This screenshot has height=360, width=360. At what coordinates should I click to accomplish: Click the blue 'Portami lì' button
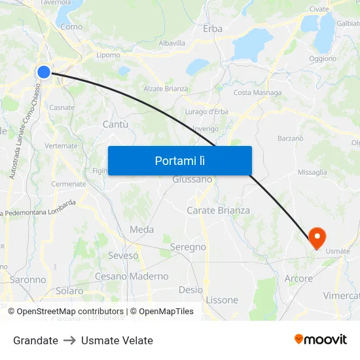(x=179, y=160)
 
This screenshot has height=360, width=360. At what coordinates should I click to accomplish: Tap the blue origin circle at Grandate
(x=44, y=71)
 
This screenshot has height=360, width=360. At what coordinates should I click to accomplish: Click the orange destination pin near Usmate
(x=317, y=237)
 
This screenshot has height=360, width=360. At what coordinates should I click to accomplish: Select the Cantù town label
(x=115, y=124)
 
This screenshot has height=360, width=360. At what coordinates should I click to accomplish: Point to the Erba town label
(x=213, y=29)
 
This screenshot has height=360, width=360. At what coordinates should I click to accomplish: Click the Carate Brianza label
(x=218, y=211)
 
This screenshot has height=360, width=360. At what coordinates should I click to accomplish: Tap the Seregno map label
(x=188, y=247)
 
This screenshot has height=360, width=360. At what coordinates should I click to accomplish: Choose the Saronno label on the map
(x=28, y=279)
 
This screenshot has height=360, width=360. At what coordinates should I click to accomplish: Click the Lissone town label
(x=222, y=300)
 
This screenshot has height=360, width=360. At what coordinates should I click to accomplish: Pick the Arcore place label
(x=298, y=279)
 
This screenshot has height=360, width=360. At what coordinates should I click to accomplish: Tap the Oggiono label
(x=322, y=58)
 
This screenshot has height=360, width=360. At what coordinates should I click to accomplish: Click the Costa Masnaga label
(x=257, y=93)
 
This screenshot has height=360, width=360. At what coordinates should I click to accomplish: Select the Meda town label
(x=141, y=230)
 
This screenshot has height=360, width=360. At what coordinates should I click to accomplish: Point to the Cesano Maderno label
(x=132, y=276)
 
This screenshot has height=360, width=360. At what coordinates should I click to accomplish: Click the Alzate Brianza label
(x=166, y=88)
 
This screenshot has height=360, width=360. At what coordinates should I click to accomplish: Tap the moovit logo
(x=320, y=339)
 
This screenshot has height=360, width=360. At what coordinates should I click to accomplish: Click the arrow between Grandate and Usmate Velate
(x=69, y=340)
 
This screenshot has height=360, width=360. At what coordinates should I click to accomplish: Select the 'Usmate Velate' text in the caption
(x=117, y=340)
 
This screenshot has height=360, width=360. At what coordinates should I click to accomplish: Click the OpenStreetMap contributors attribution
(x=69, y=312)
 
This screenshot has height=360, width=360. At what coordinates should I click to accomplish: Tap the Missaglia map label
(x=312, y=172)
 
